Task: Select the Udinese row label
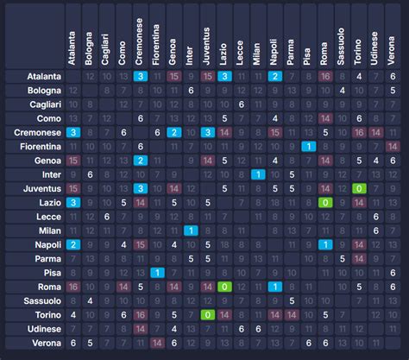[x=40, y=329]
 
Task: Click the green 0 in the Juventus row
[x=359, y=188]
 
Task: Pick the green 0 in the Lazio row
[x=325, y=202]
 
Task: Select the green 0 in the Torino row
[x=207, y=315]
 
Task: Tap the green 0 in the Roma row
[x=224, y=287]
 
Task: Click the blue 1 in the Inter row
[x=257, y=174]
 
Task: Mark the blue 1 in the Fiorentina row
[x=308, y=147]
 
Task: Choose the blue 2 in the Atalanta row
[x=274, y=76]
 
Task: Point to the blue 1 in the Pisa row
[x=157, y=273]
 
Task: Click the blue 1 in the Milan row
[x=191, y=231]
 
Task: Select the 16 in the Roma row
[x=73, y=287]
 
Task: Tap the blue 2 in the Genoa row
[x=141, y=161]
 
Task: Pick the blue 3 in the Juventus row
[x=141, y=188]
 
